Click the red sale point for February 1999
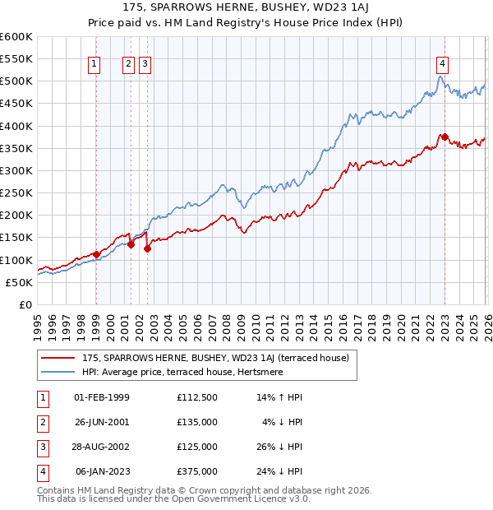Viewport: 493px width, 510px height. [x=96, y=254]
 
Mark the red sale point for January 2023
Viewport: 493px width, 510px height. [x=444, y=137]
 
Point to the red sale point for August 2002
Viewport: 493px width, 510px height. [x=147, y=248]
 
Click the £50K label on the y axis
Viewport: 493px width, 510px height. [x=20, y=282]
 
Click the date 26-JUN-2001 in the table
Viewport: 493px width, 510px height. [x=102, y=422]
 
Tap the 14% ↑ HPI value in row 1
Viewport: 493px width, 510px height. [x=279, y=397]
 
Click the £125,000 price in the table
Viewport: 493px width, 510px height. [x=197, y=447]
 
